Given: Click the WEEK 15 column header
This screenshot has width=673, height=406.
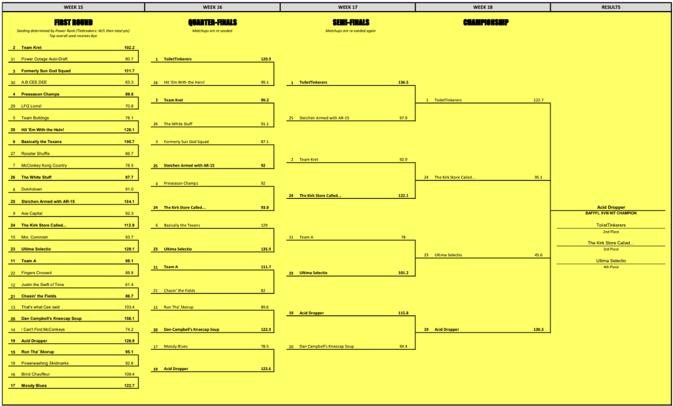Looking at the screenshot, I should (73, 7).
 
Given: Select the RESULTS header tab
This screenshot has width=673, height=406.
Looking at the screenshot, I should (611, 7).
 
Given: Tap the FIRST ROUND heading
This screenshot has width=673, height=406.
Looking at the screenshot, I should (74, 23).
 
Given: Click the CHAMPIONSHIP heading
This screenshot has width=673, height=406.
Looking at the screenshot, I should (486, 23).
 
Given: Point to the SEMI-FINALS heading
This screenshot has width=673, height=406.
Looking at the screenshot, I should (351, 23).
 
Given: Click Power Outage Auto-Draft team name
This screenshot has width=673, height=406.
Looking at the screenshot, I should (44, 59).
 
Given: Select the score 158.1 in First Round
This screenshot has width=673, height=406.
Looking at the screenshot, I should (129, 319).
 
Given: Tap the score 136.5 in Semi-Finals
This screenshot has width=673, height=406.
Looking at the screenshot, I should (403, 83).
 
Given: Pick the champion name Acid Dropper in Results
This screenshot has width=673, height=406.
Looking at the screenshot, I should (611, 208).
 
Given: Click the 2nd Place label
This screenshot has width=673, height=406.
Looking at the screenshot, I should (611, 231).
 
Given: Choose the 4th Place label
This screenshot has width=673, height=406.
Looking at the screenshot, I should (611, 267).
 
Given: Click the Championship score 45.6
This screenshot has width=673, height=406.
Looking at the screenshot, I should (538, 255).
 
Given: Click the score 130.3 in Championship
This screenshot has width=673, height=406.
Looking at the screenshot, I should (538, 330).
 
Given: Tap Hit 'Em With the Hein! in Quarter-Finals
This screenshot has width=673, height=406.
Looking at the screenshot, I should (184, 83).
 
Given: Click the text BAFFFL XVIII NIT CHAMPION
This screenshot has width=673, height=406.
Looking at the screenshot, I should (611, 214).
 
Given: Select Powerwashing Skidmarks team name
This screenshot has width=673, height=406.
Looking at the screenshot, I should (45, 363).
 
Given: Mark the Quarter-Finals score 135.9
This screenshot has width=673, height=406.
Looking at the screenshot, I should (266, 249).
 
